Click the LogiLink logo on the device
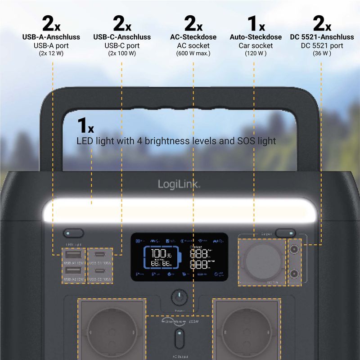(179, 184)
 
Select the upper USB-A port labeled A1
(73, 255)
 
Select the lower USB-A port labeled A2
(73, 270)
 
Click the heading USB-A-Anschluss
(52, 37)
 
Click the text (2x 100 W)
(121, 53)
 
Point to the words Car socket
(255, 45)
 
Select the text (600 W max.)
(193, 53)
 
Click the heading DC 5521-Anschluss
(322, 37)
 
